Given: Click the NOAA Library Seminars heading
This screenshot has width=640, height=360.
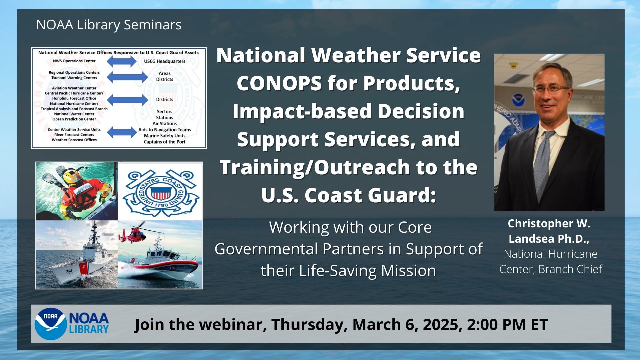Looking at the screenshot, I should [109, 25].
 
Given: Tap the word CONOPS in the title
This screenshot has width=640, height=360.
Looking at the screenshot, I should [279, 83].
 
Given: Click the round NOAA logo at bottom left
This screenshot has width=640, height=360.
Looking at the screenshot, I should [51, 324].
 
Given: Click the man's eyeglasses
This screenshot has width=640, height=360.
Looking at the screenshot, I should [551, 89].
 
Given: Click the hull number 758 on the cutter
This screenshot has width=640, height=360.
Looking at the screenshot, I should [69, 271].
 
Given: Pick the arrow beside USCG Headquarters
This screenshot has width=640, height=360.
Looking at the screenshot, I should [121, 61].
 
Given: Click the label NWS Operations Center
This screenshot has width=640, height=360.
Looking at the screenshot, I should [74, 61].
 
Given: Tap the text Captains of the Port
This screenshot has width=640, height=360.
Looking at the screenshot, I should [165, 142].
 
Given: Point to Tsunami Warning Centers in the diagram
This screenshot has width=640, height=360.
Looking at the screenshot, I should [74, 78].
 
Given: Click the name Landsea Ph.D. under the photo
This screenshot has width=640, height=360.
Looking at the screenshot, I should [549, 239].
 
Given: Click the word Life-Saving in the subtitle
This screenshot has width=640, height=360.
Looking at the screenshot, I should [338, 271].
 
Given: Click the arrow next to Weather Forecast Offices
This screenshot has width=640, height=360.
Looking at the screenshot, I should [121, 133].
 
